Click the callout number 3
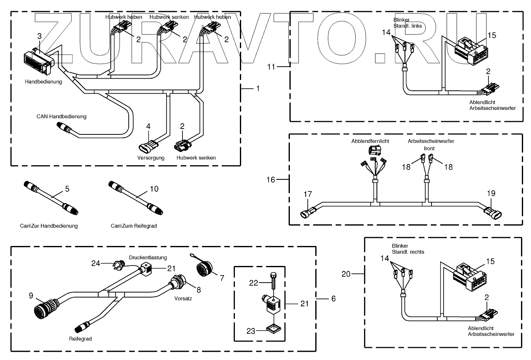point(39,36)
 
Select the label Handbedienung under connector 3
point(43,82)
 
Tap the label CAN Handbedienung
point(61,117)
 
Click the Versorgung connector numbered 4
point(149,146)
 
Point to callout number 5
point(67,189)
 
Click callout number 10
point(154,189)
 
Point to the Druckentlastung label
point(148,257)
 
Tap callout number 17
point(307,194)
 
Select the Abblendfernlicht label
point(371,141)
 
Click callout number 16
point(271,179)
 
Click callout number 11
point(272,66)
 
